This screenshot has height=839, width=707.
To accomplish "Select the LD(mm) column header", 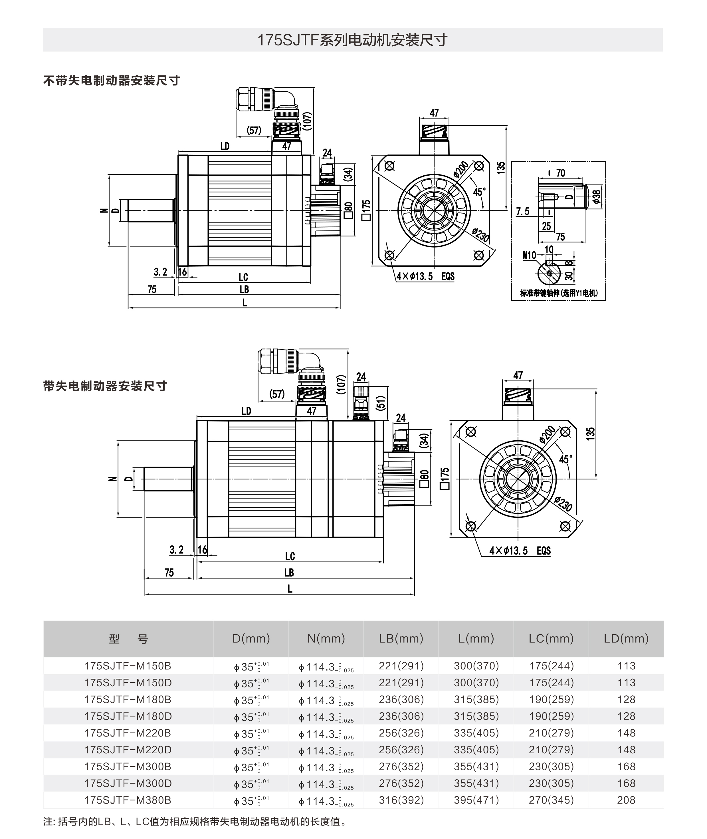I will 626,639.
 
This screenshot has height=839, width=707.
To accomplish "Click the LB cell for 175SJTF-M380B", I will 401,800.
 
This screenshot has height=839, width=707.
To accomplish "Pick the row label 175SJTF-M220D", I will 128,750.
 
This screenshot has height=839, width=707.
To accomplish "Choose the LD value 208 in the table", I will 626,800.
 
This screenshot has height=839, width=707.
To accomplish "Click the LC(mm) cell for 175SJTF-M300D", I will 551,783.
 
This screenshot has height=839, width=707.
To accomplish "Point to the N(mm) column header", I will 326,639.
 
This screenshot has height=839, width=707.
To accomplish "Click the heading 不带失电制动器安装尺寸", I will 112,81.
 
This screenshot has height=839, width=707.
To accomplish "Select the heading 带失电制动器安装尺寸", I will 105,386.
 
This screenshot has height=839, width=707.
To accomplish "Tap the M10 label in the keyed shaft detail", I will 529,256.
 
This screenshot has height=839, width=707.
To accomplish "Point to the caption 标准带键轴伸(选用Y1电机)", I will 559,293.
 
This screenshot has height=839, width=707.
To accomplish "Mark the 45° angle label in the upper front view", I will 479,192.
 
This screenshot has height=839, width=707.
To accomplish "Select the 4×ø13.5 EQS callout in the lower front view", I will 520,551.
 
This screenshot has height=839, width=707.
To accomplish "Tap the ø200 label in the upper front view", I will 461,169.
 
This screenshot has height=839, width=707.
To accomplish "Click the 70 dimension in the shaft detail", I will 560,173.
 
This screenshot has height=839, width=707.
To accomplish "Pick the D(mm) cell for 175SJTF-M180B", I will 251,700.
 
